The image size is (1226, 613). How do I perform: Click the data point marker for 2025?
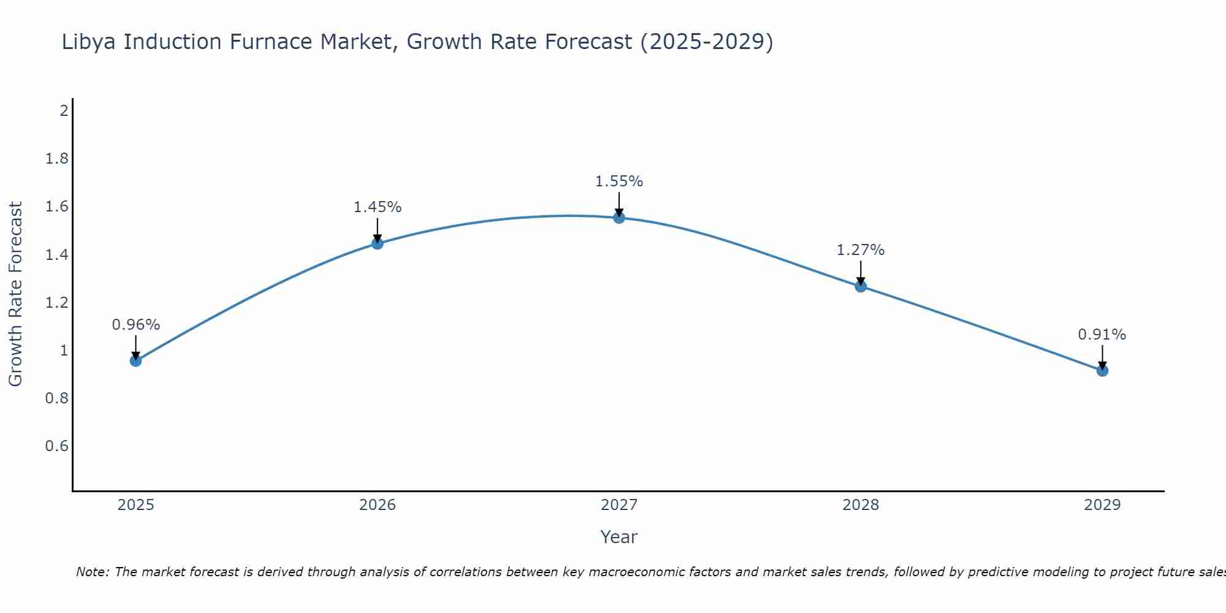(135, 360)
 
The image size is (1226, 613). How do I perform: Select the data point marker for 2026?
(378, 243)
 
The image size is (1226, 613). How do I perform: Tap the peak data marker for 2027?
(619, 218)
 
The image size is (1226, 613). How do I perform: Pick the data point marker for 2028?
(861, 286)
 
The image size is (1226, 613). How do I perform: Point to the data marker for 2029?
(1102, 370)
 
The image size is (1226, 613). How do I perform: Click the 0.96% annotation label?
(135, 325)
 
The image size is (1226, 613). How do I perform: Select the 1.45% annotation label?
(378, 207)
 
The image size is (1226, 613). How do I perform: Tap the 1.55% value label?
(619, 181)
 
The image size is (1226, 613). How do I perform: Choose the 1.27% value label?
(861, 250)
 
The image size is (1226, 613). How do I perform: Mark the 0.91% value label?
(1102, 335)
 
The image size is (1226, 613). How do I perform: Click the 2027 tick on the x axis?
(619, 505)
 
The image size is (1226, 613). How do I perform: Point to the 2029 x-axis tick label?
(1102, 505)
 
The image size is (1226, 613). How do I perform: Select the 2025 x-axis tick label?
(135, 505)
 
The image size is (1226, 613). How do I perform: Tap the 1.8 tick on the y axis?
(57, 159)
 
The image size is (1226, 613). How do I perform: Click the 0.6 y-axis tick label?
(57, 446)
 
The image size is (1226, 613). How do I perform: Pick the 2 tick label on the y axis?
(64, 111)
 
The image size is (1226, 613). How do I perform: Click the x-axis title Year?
(619, 537)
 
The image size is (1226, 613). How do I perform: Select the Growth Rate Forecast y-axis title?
(15, 294)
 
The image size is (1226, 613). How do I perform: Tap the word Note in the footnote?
(92, 572)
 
